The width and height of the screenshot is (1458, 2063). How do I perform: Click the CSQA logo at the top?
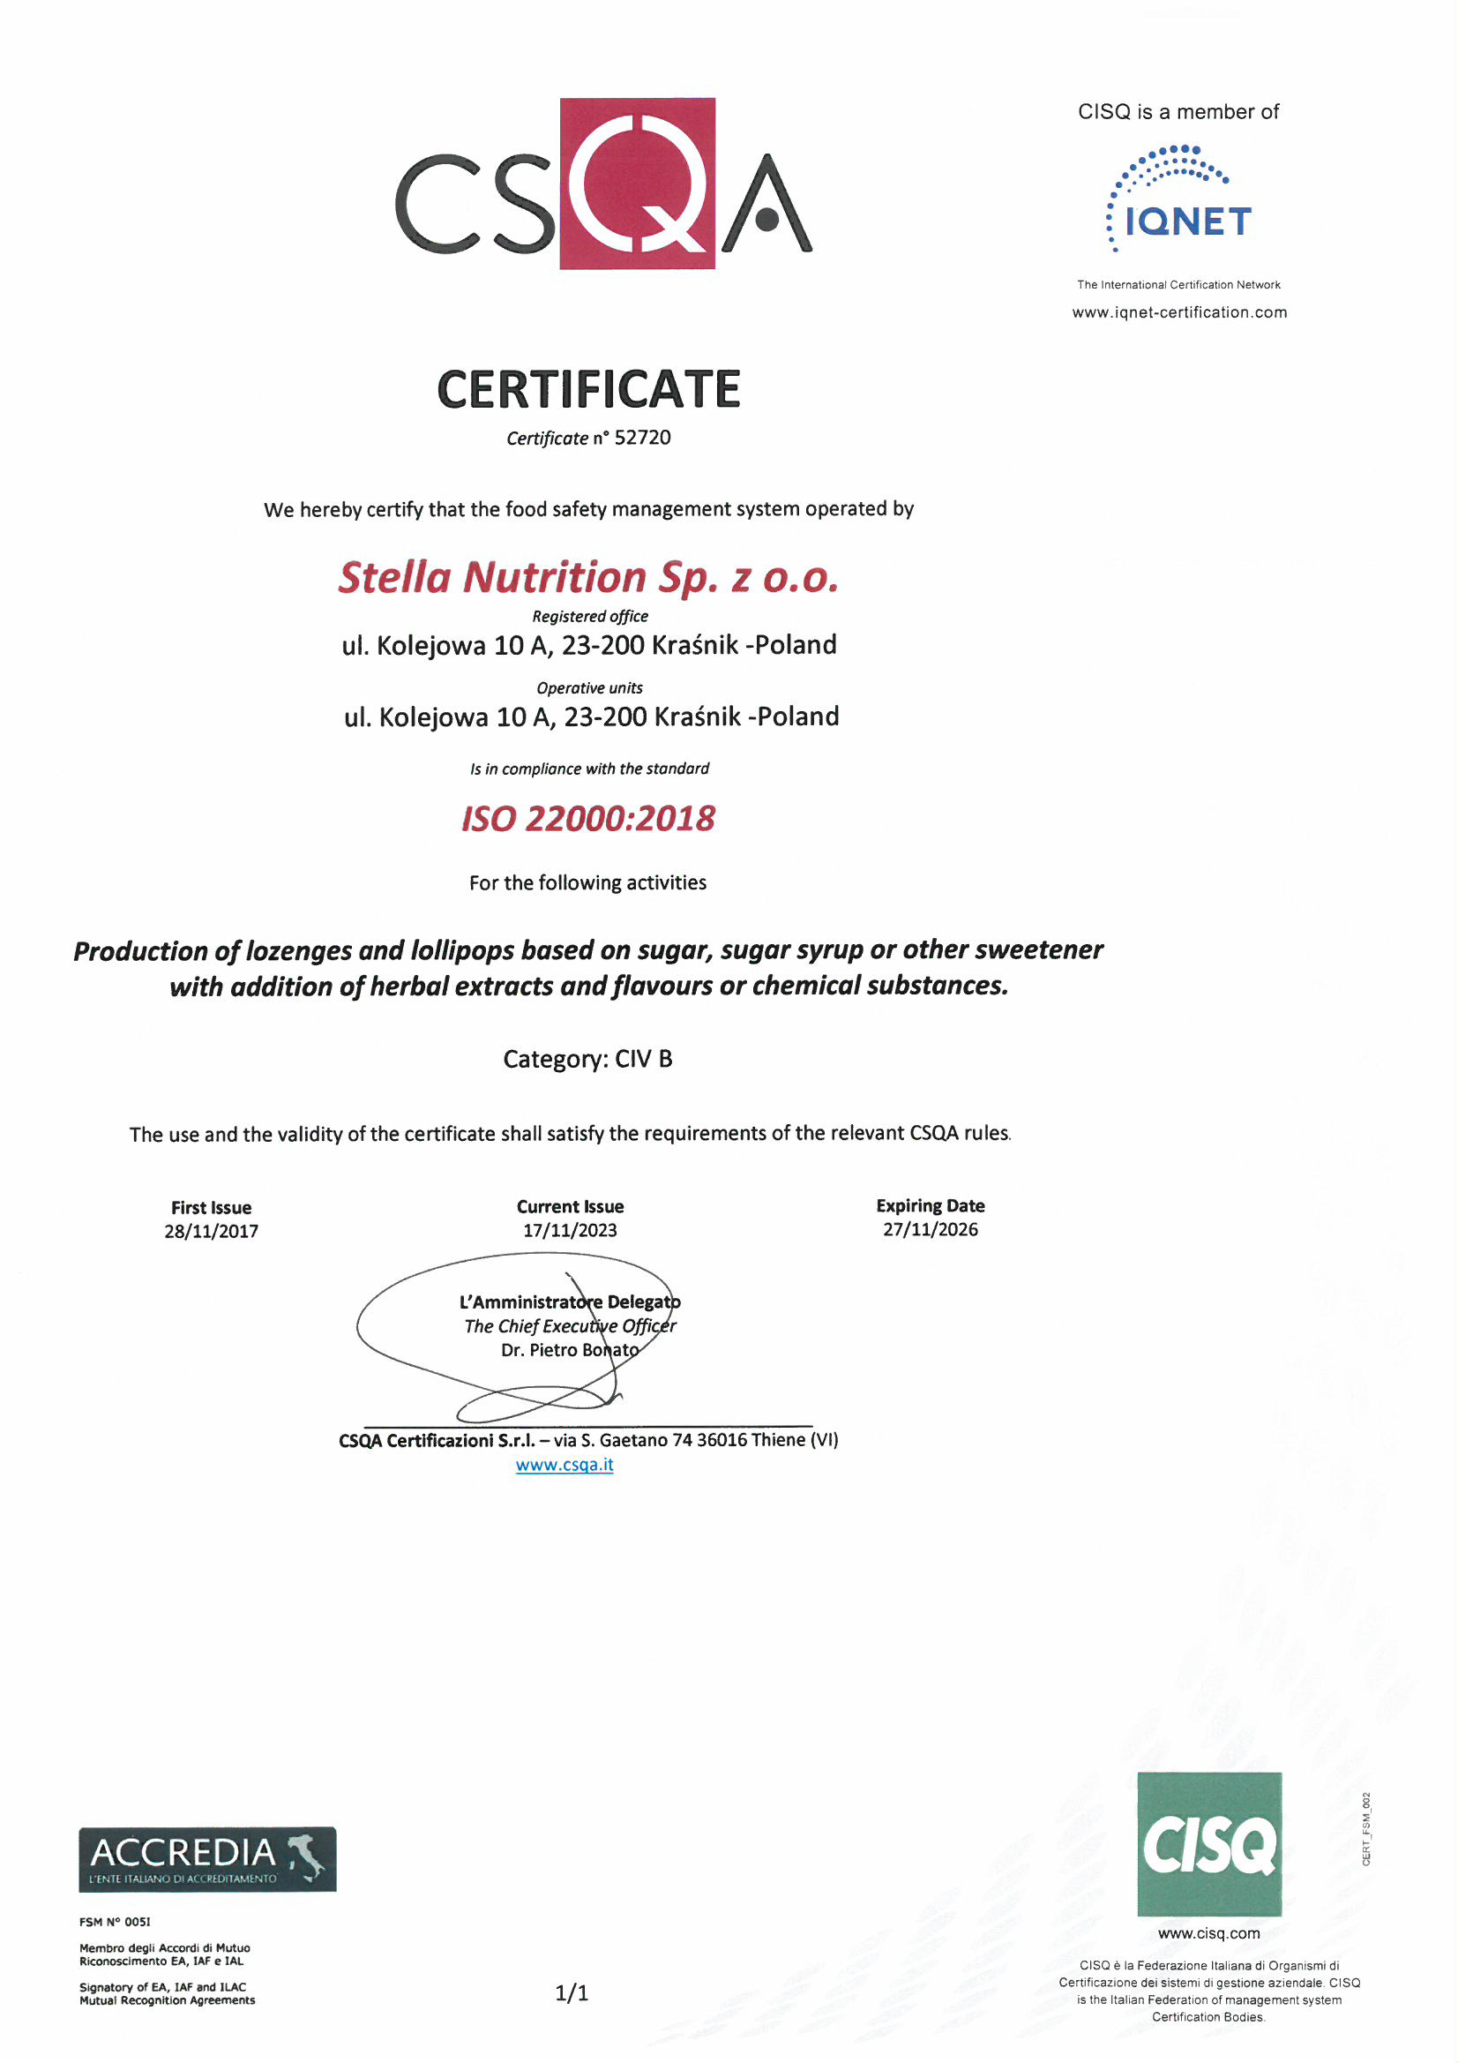click(x=603, y=184)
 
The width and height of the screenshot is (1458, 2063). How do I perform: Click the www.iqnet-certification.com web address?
click(x=1178, y=312)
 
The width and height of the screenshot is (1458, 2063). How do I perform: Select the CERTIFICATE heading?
click(x=588, y=389)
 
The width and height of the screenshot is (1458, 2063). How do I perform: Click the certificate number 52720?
click(x=642, y=438)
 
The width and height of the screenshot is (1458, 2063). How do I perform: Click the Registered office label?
click(x=589, y=617)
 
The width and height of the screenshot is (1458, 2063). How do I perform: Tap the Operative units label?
click(x=589, y=688)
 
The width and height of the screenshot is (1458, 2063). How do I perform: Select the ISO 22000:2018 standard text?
click(x=588, y=819)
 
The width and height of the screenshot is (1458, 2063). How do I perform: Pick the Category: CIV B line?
click(x=587, y=1060)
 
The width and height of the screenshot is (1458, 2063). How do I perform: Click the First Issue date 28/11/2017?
click(x=211, y=1232)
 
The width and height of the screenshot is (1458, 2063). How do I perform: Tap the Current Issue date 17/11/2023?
click(x=570, y=1231)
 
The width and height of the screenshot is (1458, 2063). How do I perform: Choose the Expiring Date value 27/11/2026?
click(x=930, y=1230)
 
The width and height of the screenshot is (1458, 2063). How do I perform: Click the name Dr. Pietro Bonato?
click(x=570, y=1350)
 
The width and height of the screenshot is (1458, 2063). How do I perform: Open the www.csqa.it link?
click(x=565, y=1466)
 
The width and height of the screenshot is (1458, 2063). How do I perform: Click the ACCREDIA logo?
click(x=207, y=1859)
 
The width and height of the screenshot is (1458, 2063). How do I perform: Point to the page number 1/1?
click(x=572, y=1994)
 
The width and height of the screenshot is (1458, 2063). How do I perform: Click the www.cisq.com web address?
click(x=1208, y=1933)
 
